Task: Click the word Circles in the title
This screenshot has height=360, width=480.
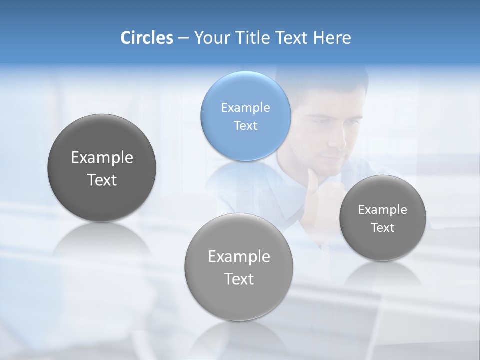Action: click(x=147, y=38)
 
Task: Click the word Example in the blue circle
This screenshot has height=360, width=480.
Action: click(x=245, y=107)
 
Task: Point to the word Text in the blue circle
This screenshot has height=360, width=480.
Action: click(x=245, y=125)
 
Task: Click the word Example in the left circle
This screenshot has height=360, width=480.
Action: click(x=102, y=157)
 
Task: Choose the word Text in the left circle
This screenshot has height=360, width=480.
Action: click(x=102, y=180)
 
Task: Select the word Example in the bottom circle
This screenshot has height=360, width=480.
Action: click(x=239, y=256)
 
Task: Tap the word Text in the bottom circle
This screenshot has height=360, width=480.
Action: click(x=239, y=279)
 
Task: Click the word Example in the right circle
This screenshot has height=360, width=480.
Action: click(x=382, y=209)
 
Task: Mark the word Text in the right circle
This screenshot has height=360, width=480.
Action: click(x=382, y=227)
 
